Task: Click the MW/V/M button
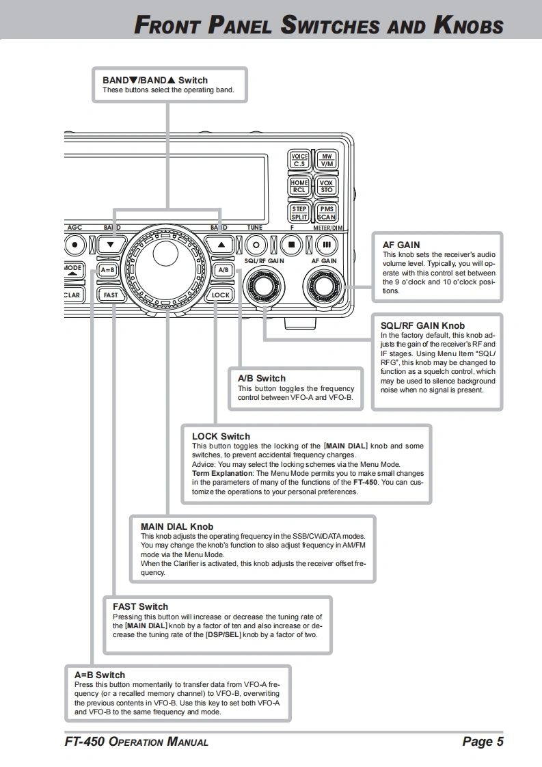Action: point(326,160)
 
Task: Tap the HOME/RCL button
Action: point(299,186)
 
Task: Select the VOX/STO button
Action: point(326,186)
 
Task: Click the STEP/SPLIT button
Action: point(299,213)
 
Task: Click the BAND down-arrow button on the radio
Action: point(110,243)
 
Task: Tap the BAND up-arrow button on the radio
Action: point(220,243)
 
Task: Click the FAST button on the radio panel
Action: point(110,295)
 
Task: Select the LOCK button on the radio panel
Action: point(221,295)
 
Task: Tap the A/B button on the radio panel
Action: point(223,270)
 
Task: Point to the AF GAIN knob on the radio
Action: point(324,286)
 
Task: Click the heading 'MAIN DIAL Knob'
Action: point(176,526)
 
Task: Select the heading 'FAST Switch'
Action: point(140,606)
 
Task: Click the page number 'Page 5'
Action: point(483,742)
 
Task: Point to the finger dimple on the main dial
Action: point(165,253)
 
